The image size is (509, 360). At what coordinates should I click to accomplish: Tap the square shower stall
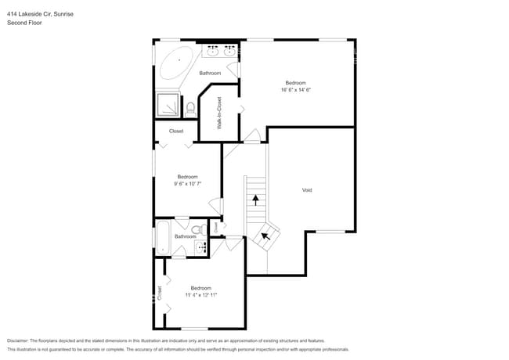168,105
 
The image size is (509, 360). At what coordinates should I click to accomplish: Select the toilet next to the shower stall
190,108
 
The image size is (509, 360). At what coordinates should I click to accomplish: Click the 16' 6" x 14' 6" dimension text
295,90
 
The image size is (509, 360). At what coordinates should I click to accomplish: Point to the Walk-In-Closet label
219,113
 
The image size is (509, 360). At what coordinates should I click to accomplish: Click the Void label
308,190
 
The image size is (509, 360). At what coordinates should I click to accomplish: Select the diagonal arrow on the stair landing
265,234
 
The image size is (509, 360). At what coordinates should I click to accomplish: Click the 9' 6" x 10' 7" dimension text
187,183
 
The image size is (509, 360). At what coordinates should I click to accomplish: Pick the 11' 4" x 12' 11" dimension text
200,295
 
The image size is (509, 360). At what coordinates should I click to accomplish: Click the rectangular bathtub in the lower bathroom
163,238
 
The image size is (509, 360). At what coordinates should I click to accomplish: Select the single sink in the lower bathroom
200,247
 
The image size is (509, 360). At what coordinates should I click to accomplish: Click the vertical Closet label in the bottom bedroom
160,293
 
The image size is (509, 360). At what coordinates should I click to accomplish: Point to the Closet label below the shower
176,131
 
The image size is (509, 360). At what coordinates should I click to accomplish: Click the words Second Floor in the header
24,23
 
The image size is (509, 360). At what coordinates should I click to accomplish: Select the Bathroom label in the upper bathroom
210,74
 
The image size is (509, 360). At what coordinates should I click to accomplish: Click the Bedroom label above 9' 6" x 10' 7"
187,176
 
